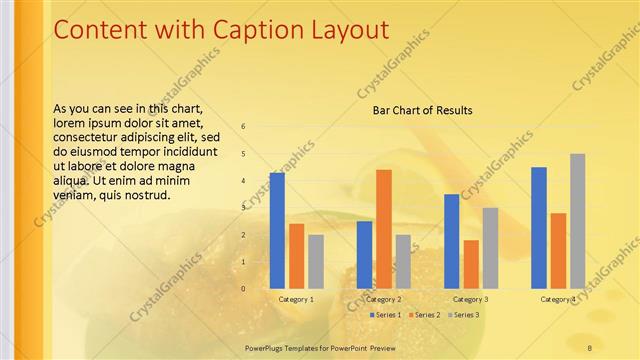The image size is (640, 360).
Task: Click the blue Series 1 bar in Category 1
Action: click(x=277, y=230)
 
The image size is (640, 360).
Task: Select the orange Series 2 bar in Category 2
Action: click(x=384, y=229)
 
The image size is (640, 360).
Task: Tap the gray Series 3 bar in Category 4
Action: click(x=578, y=221)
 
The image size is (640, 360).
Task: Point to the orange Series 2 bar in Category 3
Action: click(x=471, y=264)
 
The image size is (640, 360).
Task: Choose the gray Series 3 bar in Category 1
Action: click(x=316, y=262)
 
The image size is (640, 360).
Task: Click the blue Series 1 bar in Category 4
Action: click(x=539, y=228)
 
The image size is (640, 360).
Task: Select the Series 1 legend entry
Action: click(x=385, y=315)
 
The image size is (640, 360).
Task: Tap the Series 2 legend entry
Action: click(x=425, y=315)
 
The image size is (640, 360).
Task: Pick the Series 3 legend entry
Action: click(x=464, y=315)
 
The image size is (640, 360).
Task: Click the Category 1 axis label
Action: click(x=296, y=299)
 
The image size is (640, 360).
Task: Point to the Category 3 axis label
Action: click(x=471, y=299)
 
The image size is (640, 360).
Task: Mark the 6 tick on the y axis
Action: click(x=243, y=127)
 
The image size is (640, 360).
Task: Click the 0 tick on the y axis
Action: click(x=243, y=289)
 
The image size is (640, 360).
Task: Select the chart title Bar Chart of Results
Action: click(x=422, y=110)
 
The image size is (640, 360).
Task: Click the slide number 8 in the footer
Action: click(x=590, y=347)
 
